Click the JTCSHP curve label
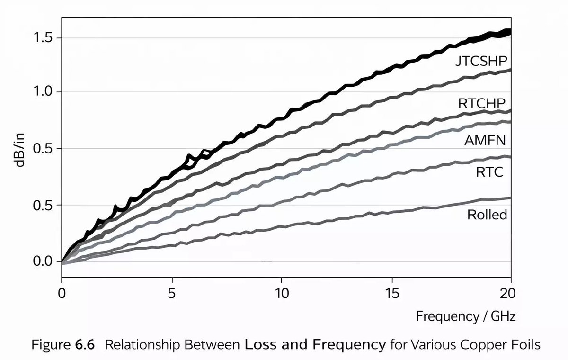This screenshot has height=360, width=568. (481, 61)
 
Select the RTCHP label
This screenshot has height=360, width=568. (482, 103)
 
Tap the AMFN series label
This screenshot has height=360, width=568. (485, 140)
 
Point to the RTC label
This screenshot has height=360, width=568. (489, 172)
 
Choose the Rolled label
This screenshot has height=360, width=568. (487, 215)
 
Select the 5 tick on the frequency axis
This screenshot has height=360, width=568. (172, 294)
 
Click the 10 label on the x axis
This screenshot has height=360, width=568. (282, 294)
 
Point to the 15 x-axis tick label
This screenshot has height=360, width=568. (392, 294)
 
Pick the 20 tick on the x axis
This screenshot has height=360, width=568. (507, 294)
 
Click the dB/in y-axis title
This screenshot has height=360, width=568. (19, 150)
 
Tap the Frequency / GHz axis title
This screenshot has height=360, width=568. (466, 316)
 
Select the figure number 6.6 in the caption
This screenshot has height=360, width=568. (85, 345)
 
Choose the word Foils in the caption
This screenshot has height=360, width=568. (526, 345)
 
